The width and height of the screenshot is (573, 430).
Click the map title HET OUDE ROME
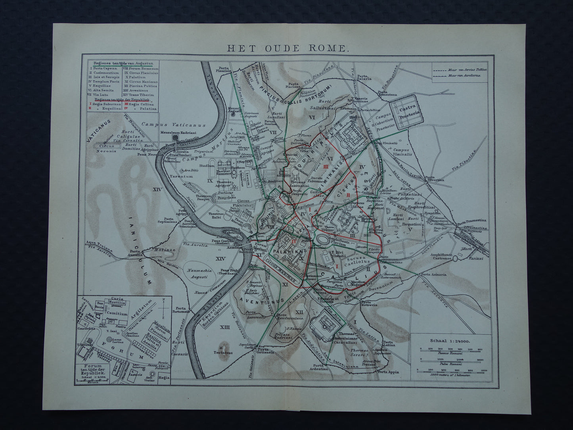tap(287, 49)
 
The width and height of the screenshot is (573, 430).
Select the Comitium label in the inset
tap(117, 313)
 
